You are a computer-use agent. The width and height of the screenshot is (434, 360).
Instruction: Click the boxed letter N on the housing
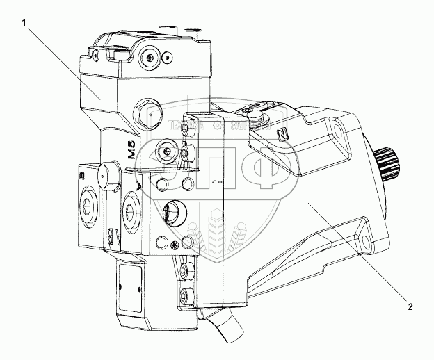[x=282, y=134]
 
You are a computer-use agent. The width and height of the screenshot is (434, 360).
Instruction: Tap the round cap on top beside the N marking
[x=255, y=117]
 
